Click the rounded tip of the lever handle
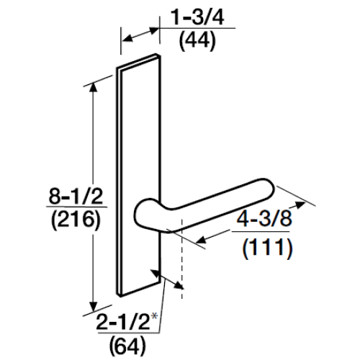click(266, 192)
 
